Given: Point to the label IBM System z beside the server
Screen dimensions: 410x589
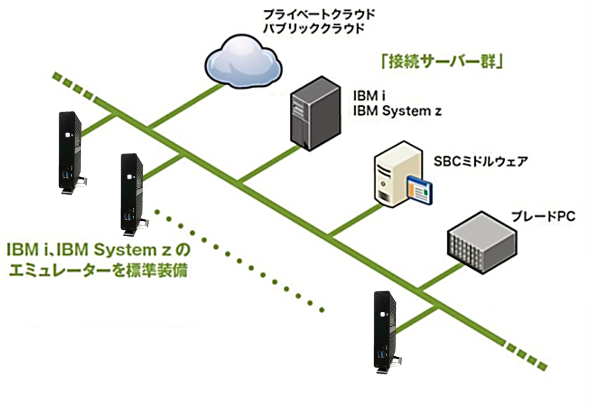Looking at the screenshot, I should point(397,111).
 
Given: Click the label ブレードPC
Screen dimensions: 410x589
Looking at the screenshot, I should point(542,216).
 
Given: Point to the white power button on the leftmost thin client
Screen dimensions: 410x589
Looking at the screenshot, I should point(68,135).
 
